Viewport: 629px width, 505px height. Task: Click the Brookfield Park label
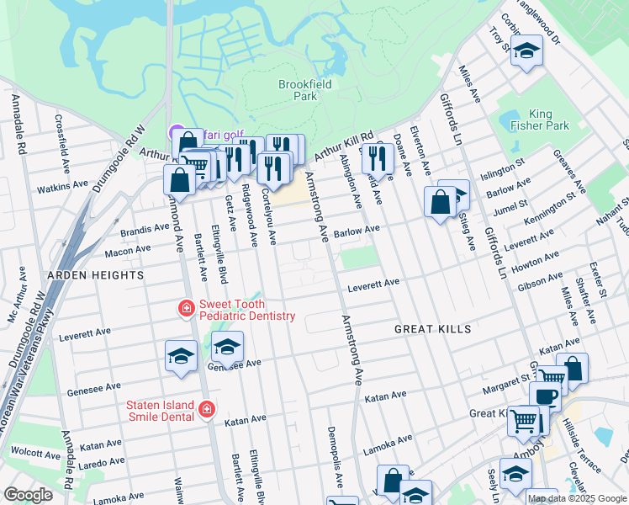click(x=304, y=90)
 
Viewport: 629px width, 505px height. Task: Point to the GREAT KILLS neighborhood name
click(x=433, y=329)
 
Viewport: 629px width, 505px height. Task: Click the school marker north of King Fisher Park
click(x=526, y=51)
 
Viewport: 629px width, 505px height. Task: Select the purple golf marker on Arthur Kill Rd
click(x=177, y=132)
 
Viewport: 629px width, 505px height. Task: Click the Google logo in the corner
click(x=28, y=495)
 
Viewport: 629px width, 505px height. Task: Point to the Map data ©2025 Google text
click(x=578, y=498)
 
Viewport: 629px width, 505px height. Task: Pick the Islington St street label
click(x=502, y=168)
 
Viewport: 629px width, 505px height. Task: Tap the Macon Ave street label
click(x=126, y=252)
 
